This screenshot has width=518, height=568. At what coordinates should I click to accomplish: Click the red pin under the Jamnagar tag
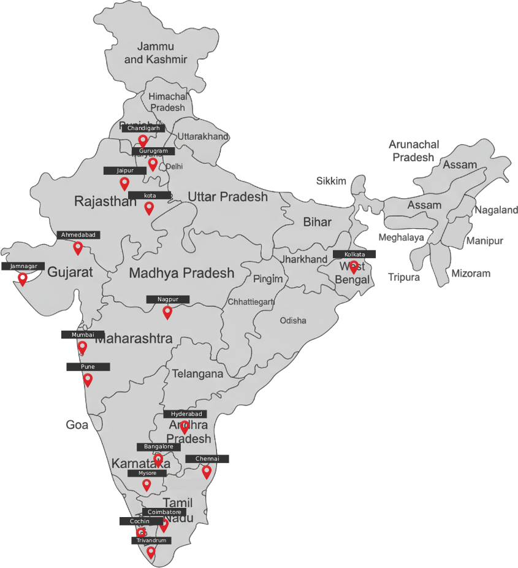click(x=23, y=279)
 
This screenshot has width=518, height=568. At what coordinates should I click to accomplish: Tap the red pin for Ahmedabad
click(x=78, y=248)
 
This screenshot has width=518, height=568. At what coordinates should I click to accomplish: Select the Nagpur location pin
click(x=167, y=312)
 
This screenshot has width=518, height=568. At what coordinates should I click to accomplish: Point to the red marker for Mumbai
click(x=82, y=348)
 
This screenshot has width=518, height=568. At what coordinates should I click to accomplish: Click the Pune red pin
click(x=88, y=380)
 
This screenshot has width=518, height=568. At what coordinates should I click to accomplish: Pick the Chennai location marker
click(x=207, y=472)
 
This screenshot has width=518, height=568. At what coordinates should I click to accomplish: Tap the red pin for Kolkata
click(x=353, y=267)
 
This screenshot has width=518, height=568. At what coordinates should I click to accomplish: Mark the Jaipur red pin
click(x=124, y=183)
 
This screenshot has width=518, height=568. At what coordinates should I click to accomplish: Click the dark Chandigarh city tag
click(x=143, y=129)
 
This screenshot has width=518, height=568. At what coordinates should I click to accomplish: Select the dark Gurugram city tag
click(x=153, y=151)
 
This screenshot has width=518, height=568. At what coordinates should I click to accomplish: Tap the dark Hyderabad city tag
click(x=185, y=414)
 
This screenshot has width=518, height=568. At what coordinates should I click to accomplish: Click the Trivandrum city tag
click(x=151, y=540)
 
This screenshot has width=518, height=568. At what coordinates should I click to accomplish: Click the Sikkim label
click(x=331, y=181)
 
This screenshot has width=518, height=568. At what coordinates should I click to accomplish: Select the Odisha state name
click(x=293, y=321)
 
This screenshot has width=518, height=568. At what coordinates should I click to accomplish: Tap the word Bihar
click(x=317, y=222)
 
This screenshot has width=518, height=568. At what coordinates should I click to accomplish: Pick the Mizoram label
click(x=471, y=274)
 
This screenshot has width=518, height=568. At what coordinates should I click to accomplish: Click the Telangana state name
click(x=197, y=374)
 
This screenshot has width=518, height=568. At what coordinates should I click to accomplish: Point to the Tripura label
click(x=404, y=277)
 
